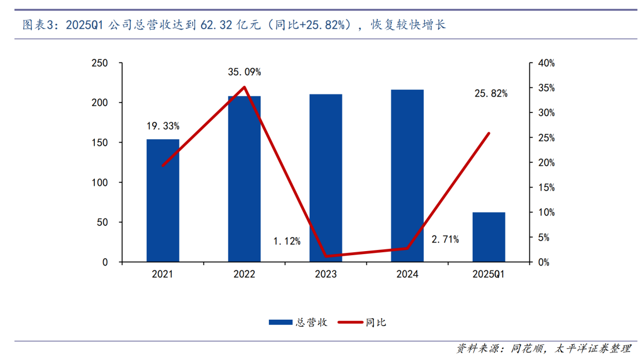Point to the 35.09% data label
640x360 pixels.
pyautogui.click(x=244, y=72)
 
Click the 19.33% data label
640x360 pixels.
pyautogui.click(x=163, y=126)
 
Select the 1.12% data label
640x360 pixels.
pyautogui.click(x=287, y=242)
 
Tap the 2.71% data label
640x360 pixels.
pyautogui.click(x=445, y=239)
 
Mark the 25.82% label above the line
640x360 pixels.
pyautogui.click(x=491, y=93)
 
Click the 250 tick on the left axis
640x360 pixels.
pyautogui.click(x=99, y=63)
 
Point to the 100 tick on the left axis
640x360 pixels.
pyautogui.click(x=99, y=183)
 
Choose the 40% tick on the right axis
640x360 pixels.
pyautogui.click(x=544, y=63)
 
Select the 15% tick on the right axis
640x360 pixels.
pyautogui.click(x=544, y=188)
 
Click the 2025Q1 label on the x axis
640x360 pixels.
pyautogui.click(x=489, y=275)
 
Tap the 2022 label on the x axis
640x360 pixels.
pyautogui.click(x=244, y=275)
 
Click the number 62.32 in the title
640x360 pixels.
pyautogui.click(x=216, y=25)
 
